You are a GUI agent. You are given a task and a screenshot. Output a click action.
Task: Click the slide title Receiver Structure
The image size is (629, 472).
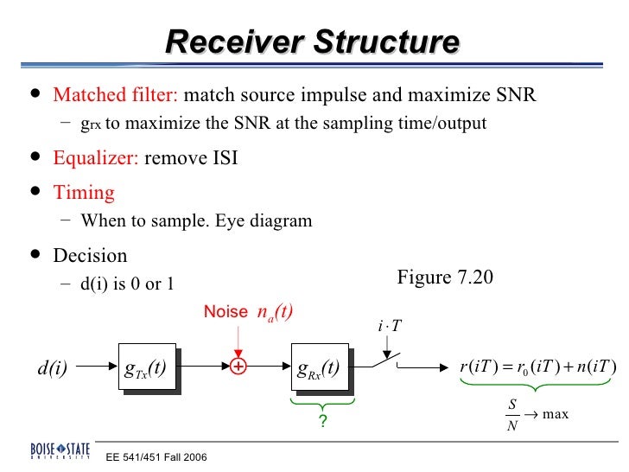[312, 42]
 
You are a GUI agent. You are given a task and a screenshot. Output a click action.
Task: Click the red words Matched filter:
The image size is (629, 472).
[116, 94]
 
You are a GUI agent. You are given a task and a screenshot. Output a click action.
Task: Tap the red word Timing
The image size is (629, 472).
[84, 192]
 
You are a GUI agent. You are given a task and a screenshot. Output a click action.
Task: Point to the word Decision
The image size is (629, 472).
[90, 256]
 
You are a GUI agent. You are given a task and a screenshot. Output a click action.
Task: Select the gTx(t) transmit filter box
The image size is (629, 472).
[146, 367]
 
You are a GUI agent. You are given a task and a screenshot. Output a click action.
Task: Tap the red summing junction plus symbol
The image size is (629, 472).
[238, 367]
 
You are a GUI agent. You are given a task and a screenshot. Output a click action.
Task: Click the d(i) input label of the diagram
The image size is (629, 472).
[53, 368]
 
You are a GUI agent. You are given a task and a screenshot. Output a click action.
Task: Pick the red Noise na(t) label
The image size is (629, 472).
[249, 312]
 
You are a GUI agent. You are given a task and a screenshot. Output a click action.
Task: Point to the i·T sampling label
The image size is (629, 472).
[390, 327]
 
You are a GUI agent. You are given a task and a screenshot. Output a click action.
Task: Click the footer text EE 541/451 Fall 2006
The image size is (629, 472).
[156, 456]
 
